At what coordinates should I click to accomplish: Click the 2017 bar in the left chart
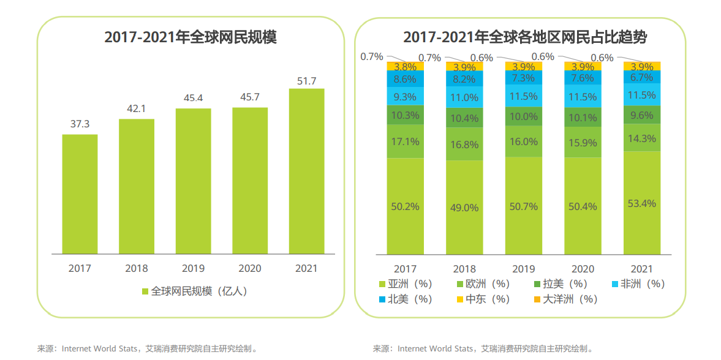80,193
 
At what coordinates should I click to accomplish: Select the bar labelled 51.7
306,171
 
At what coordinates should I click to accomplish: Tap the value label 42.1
137,109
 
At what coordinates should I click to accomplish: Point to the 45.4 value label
193,98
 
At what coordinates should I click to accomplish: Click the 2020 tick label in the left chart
249,268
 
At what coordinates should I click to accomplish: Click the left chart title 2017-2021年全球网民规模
191,37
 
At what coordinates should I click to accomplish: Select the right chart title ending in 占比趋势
525,37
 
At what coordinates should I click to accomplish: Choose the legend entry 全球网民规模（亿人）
194,291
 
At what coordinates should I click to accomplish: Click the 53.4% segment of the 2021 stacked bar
642,203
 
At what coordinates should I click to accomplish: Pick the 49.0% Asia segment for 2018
464,207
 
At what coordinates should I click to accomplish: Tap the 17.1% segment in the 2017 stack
405,141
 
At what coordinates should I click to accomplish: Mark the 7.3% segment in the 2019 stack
524,78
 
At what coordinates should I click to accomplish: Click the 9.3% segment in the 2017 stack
405,96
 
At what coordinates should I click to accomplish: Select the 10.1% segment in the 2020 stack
583,118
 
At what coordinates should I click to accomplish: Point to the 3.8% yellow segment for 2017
405,66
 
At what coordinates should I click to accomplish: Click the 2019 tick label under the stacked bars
523,269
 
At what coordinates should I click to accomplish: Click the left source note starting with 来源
147,349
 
